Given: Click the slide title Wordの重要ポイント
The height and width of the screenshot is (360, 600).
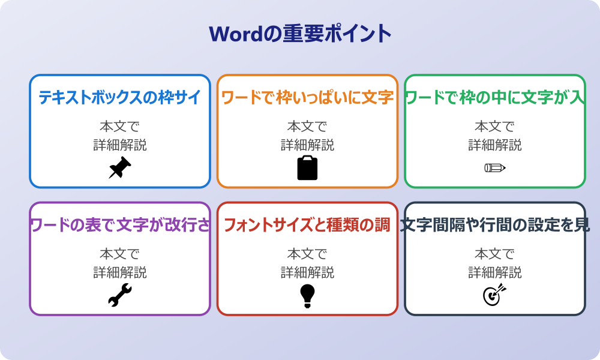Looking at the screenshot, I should pos(300,34).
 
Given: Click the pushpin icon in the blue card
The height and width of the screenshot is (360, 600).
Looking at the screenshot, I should pos(119,168).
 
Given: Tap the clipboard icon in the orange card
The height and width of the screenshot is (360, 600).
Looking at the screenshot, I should pos(307,168).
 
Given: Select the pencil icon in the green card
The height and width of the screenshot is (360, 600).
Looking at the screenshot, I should pos(494,167).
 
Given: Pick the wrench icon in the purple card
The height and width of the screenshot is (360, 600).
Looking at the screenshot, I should pos(119,295).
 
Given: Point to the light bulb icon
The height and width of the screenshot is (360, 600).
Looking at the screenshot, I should pos(307,295).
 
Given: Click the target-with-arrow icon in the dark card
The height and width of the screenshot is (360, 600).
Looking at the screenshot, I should pos(494,295).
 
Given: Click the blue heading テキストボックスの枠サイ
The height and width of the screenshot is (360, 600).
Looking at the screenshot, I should pos(119,97).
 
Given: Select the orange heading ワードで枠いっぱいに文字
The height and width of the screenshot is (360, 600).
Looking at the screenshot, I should pos(307,97).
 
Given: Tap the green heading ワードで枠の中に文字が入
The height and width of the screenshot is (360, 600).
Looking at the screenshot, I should pos(494,97).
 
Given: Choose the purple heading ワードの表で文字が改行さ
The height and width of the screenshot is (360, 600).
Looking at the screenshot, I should pos(119,225).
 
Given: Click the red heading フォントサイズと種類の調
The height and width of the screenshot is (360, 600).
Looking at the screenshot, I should pos(307,225).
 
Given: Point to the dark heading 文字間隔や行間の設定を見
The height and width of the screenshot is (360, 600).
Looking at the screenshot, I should pos(494,225).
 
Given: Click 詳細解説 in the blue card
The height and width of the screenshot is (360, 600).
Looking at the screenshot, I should pos(119,145).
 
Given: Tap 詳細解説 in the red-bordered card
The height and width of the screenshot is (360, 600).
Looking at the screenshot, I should pos(307,272).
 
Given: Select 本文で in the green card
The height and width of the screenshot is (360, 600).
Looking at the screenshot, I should pos(494,127).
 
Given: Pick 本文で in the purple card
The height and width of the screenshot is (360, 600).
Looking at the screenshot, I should pos(119,254).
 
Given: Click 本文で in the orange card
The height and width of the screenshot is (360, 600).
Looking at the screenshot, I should pos(307,127).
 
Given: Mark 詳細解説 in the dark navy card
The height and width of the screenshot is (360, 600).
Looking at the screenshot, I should pos(494,272).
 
